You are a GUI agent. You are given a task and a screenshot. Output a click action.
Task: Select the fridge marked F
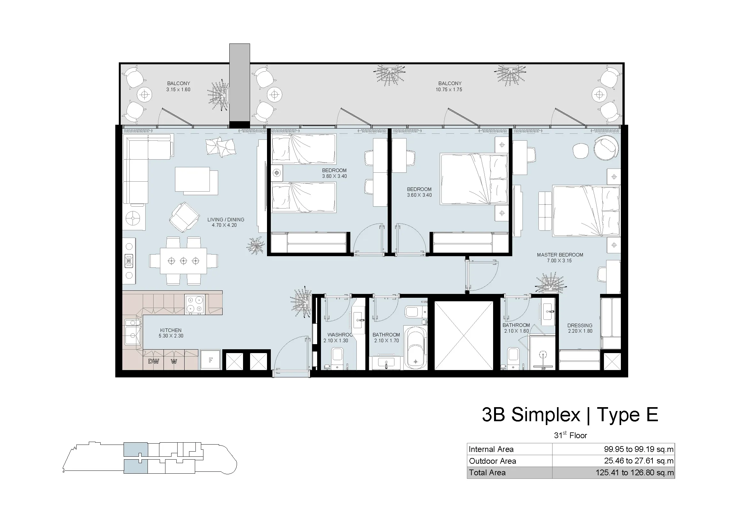tap(210, 360)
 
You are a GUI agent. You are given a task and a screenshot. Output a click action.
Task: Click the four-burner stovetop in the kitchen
tap(194, 304)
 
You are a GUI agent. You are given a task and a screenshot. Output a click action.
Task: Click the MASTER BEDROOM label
tap(560, 255)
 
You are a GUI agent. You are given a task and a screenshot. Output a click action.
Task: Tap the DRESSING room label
tap(580, 325)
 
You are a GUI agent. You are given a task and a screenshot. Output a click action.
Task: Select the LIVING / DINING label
tap(226, 219)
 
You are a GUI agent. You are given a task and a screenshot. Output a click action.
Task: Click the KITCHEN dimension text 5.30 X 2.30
tap(171, 336)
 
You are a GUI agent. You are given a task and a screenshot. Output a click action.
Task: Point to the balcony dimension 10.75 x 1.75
tap(449, 90)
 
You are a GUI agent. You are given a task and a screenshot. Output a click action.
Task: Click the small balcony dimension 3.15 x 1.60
tap(178, 90)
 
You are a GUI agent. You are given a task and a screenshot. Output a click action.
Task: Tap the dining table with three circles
tap(184, 261)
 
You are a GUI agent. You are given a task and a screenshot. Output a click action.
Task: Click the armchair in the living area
tap(185, 217)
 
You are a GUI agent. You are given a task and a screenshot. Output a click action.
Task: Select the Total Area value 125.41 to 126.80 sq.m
tap(635, 473)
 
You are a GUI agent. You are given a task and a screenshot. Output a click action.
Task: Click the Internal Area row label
tap(491, 449)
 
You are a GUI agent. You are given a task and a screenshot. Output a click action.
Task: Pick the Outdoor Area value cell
tap(613, 461)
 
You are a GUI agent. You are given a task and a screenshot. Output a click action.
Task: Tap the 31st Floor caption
tap(570, 435)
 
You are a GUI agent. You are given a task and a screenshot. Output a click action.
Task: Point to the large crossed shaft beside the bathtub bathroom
tap(464, 336)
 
